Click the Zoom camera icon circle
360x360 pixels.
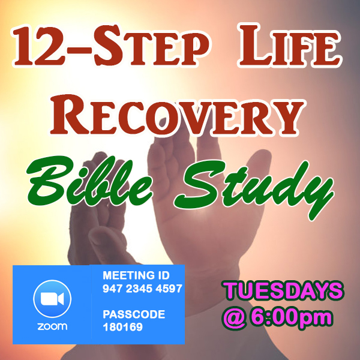[x=52, y=299]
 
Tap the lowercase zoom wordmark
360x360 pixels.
[x=52, y=326]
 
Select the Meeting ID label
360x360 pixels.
[x=136, y=275]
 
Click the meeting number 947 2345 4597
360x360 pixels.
[x=142, y=289]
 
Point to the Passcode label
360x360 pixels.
[x=134, y=314]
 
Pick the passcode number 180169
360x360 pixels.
[x=122, y=327]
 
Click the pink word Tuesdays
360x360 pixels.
[x=283, y=290]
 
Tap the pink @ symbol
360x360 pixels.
[x=235, y=318]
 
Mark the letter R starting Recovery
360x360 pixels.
[x=70, y=114]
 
